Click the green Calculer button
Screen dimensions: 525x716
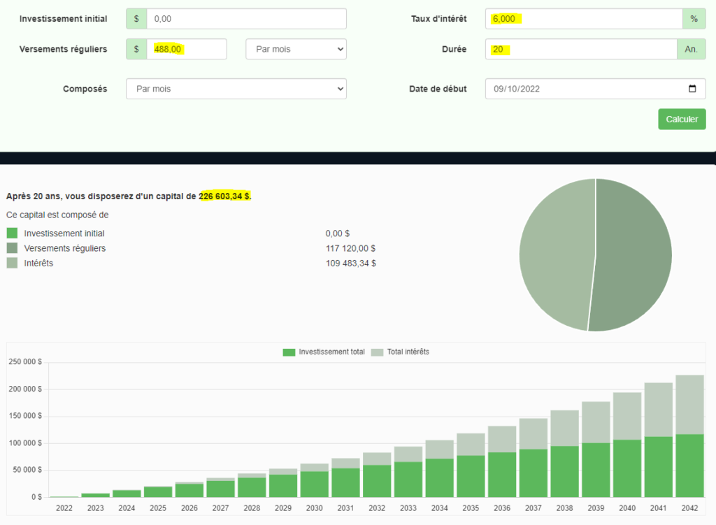click(682, 119)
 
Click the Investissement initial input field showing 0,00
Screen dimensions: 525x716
click(246, 19)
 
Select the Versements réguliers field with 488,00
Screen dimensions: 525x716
click(186, 49)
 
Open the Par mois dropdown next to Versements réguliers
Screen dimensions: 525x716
click(296, 49)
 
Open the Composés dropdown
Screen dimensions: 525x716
click(236, 89)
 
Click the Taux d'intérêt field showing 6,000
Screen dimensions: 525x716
click(583, 19)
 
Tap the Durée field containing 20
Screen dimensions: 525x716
click(580, 49)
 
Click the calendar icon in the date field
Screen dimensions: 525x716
click(692, 89)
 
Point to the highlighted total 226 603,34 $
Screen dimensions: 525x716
click(224, 196)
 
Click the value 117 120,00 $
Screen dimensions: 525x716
click(351, 248)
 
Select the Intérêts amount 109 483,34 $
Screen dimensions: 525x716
click(351, 264)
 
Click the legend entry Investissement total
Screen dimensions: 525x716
click(324, 352)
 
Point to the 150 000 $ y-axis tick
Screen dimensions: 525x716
click(25, 416)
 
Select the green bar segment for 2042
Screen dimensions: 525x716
click(689, 465)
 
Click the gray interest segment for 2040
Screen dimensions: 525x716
click(627, 416)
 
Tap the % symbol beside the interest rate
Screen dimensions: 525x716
click(694, 19)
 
